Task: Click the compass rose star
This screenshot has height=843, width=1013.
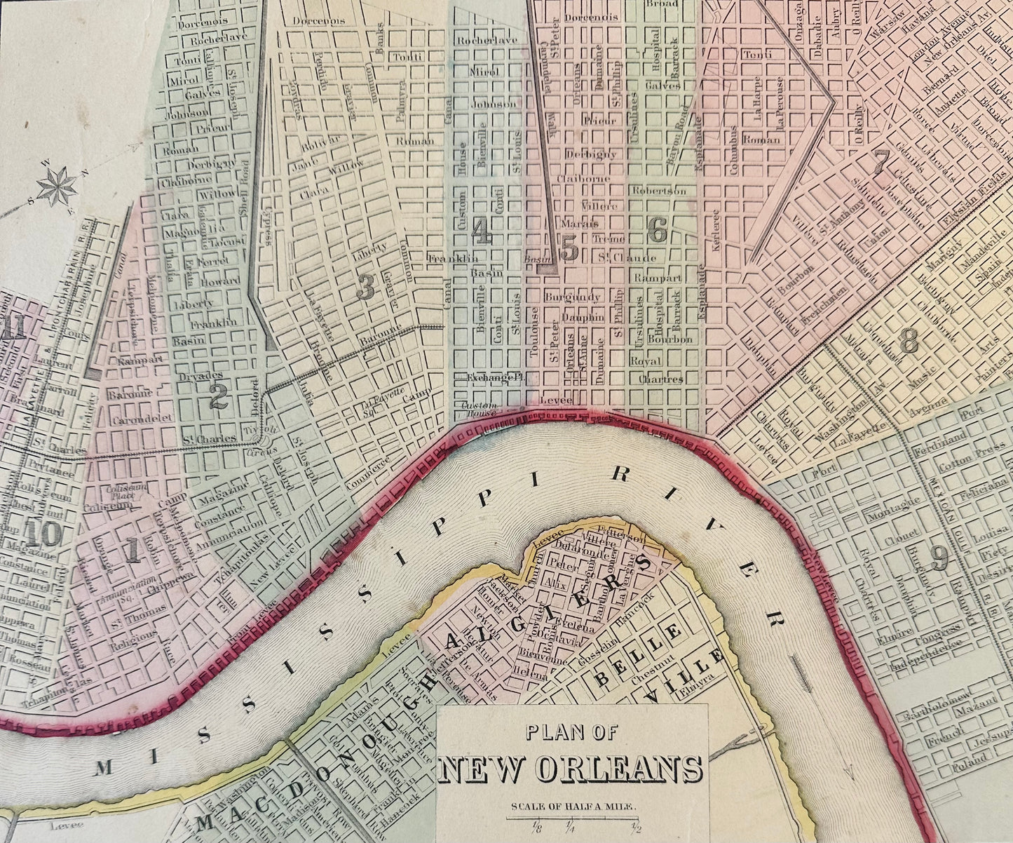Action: pos(57,186)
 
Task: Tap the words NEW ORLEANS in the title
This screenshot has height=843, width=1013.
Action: pos(570,769)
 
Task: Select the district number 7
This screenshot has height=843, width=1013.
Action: pos(881,162)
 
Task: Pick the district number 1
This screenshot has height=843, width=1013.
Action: pos(132,551)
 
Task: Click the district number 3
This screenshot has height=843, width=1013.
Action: pos(365,288)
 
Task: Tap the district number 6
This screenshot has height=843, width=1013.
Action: pos(657,230)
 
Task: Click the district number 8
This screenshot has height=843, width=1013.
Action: pos(909,342)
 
